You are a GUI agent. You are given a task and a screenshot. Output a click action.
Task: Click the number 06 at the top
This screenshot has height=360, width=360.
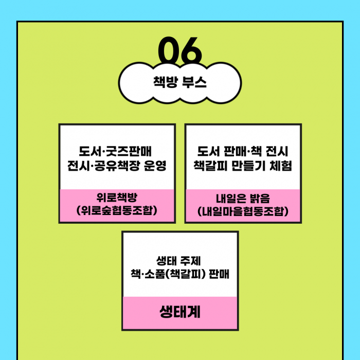179,51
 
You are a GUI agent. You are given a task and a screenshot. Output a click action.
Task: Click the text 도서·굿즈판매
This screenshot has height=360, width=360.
117,152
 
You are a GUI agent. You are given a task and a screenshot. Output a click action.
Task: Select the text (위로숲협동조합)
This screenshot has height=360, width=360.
117,211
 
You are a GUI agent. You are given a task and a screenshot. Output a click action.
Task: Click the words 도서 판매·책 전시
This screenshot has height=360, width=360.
243,152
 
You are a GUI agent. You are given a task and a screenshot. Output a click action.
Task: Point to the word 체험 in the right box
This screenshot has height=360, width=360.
281,166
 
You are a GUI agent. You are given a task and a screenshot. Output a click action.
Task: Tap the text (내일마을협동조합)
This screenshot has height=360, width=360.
243,211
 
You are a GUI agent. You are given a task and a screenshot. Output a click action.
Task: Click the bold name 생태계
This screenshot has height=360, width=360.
180,312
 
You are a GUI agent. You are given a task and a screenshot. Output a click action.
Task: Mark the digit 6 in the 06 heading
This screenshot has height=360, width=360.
191,51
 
